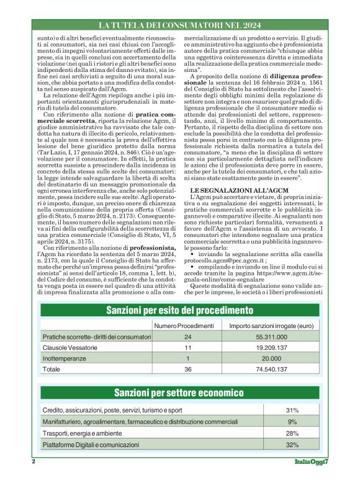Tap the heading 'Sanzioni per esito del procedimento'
179,310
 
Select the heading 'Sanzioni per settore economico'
179,393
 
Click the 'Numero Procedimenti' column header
183,326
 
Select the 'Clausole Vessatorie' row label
68,347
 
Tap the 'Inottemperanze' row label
63,358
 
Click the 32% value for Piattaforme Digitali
292,445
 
